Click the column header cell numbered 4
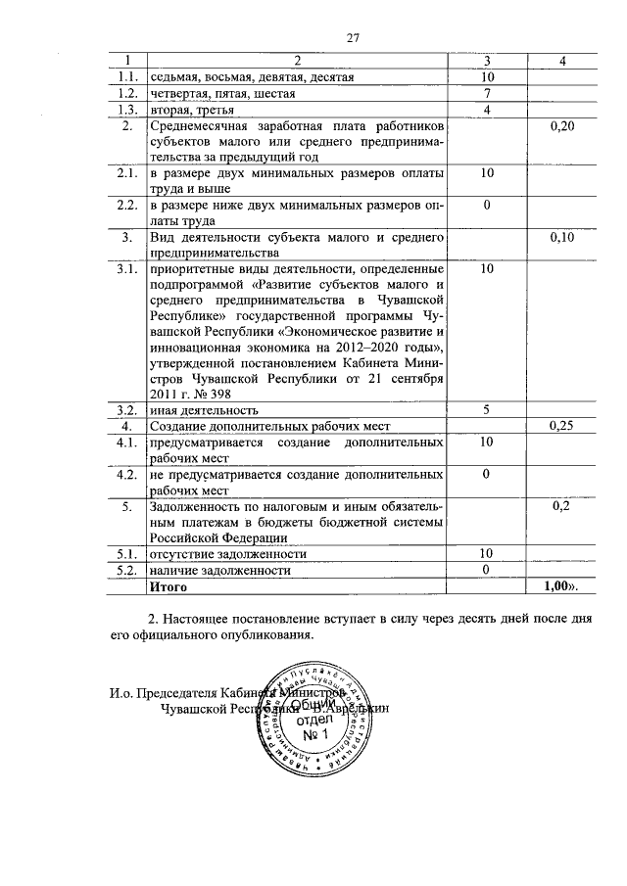562,61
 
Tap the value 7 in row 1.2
487,92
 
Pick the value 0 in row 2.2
487,206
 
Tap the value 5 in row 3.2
487,410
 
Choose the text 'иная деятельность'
203,411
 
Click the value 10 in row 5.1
487,554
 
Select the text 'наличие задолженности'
220,570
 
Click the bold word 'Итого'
168,586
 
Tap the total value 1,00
560,586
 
